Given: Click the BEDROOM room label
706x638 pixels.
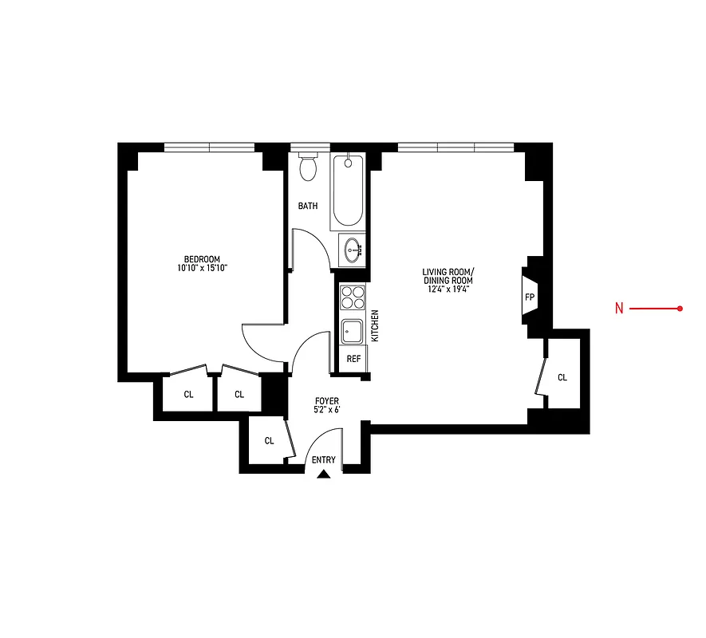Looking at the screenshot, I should [202, 258].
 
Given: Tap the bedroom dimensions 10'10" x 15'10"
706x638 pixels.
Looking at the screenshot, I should [202, 268].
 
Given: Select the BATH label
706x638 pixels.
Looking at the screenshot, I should [308, 206].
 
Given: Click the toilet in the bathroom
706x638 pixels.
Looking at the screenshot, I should [308, 167].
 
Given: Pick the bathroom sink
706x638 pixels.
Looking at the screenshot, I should [352, 251].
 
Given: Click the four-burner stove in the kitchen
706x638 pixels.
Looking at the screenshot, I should [351, 298].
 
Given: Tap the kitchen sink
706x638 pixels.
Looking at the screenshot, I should [351, 330].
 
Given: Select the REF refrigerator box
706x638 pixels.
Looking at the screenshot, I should [353, 359].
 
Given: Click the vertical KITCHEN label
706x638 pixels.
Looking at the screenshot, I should [374, 326].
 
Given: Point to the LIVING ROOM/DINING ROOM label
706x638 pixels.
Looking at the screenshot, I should [448, 276].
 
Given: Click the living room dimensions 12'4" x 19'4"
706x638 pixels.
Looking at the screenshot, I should [448, 289].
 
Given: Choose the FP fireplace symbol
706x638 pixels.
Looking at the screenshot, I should [529, 297].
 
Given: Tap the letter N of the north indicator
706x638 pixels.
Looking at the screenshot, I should [619, 309].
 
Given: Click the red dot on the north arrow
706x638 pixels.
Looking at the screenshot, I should [680, 309].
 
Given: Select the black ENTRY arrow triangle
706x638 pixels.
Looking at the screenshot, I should [324, 475].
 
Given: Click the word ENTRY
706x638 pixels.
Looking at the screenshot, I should [324, 460].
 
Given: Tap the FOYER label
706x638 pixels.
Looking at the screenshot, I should [327, 401].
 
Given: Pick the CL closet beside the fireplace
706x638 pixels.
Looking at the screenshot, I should [562, 377].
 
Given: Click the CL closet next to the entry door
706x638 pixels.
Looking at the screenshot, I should [269, 440].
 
